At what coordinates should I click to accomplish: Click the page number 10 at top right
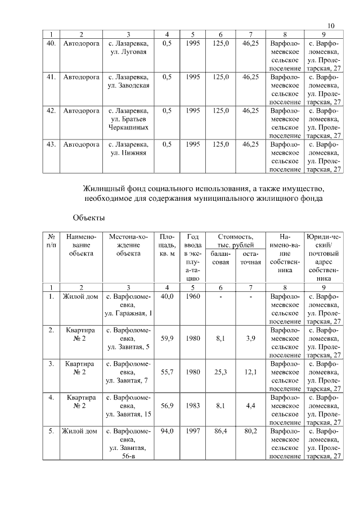click(x=331, y=26)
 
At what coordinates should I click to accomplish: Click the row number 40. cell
click(x=51, y=43)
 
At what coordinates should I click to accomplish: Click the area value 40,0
click(x=167, y=296)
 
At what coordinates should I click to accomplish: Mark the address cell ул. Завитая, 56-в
click(x=129, y=444)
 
